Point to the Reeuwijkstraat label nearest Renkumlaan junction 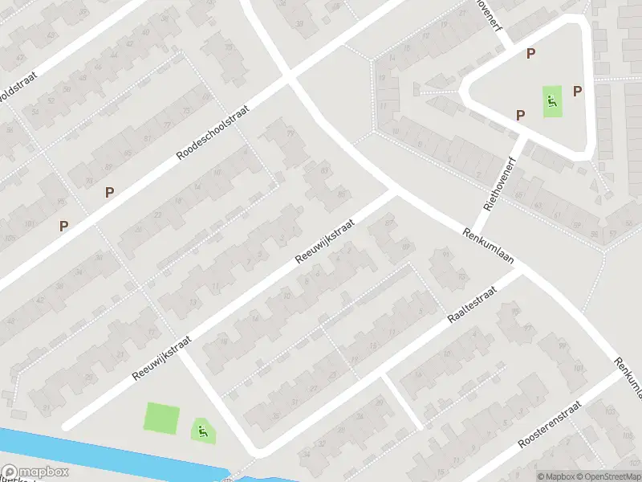point(324,243)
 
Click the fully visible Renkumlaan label point(488,247)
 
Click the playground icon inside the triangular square point(552,101)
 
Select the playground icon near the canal point(202,430)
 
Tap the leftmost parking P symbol point(63,227)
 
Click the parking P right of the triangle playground point(577,92)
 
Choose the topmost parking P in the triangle point(530,54)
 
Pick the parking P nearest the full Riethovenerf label point(520,115)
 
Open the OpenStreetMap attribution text point(607,476)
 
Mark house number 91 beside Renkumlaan point(446,255)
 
